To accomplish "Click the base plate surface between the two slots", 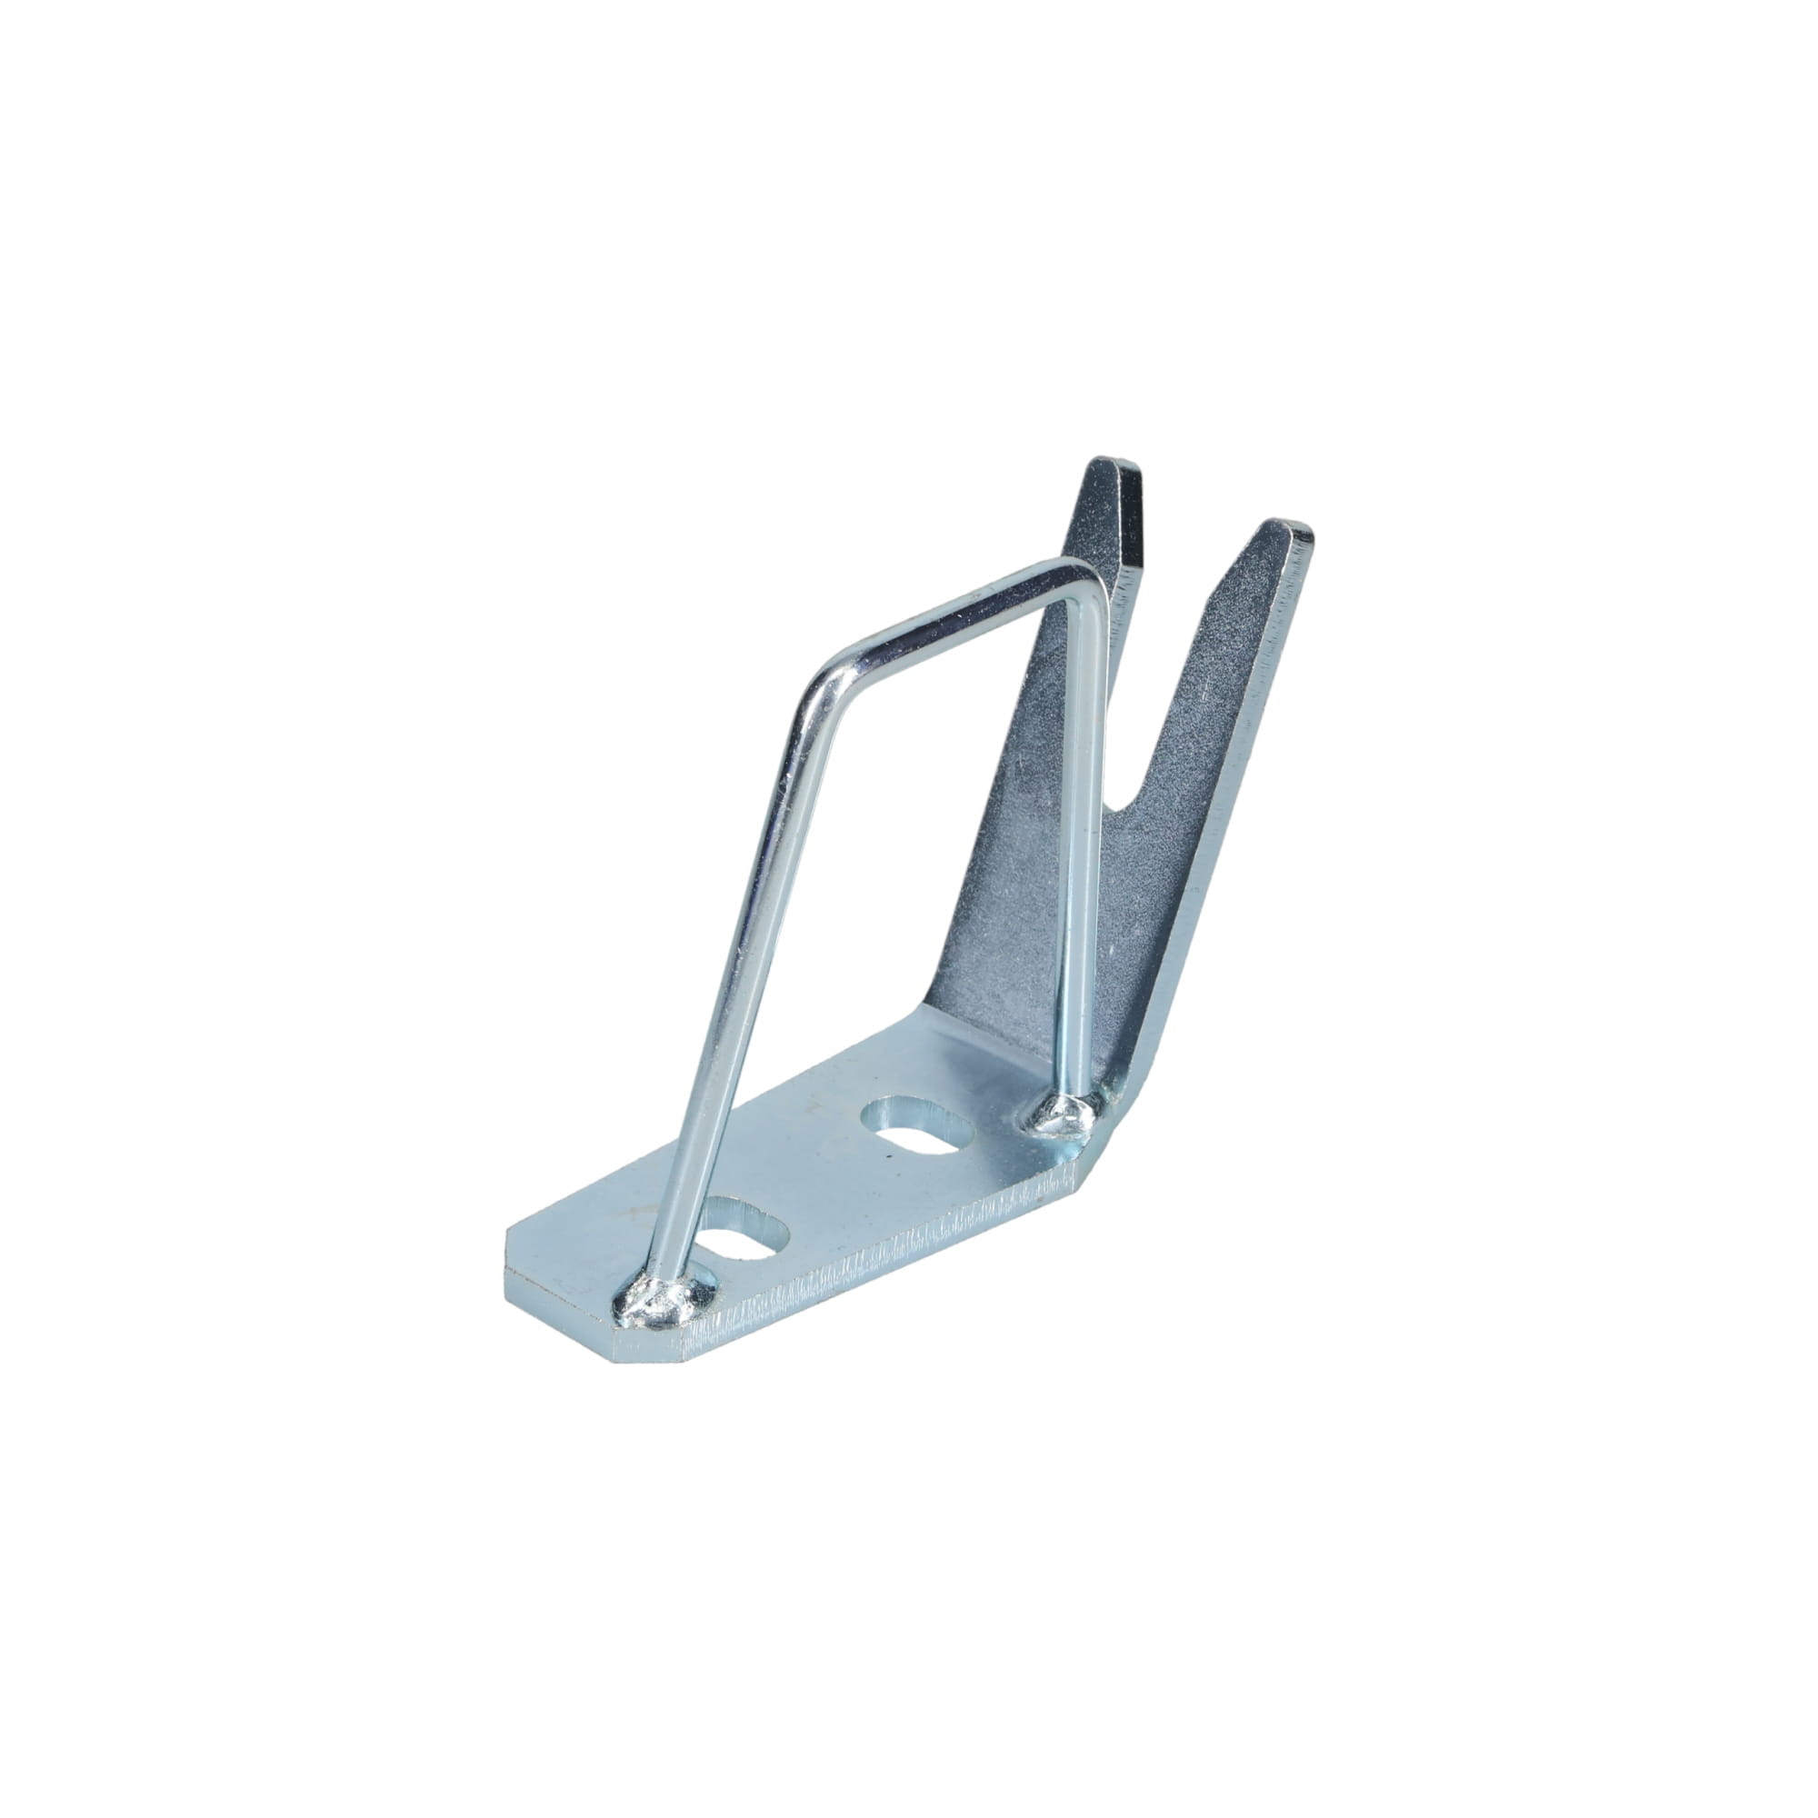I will [x=828, y=1176].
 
